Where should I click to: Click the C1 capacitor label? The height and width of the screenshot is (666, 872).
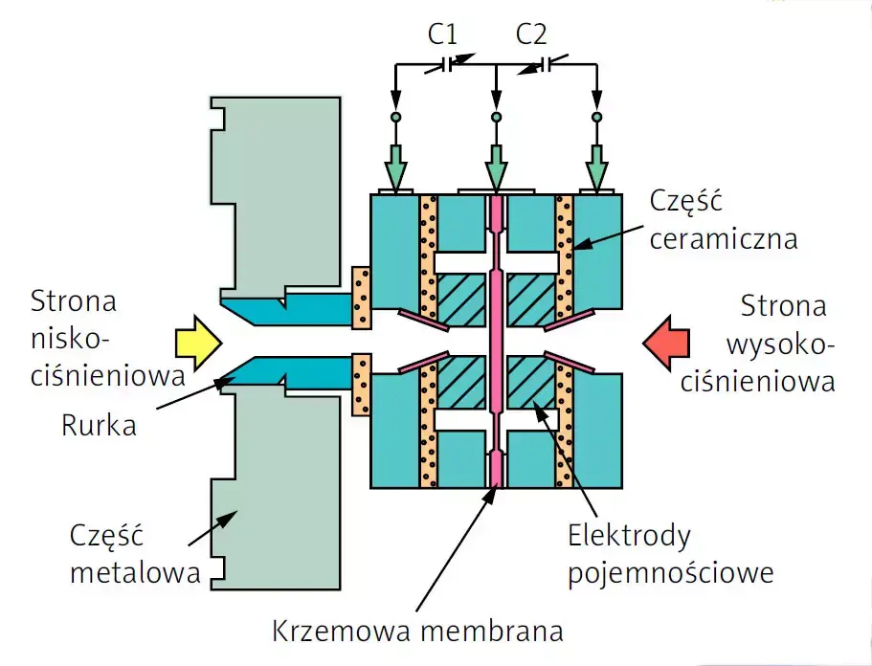pyautogui.click(x=442, y=36)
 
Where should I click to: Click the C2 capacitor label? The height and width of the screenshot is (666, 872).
pyautogui.click(x=531, y=36)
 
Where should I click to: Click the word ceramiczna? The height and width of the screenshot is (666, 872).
pyautogui.click(x=723, y=238)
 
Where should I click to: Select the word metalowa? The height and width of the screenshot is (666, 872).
pyautogui.click(x=135, y=573)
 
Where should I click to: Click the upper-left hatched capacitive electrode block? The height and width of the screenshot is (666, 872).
pyautogui.click(x=460, y=299)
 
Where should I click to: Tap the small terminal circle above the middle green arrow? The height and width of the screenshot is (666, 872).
pyautogui.click(x=495, y=117)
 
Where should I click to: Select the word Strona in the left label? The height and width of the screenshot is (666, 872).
pyautogui.click(x=74, y=302)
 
